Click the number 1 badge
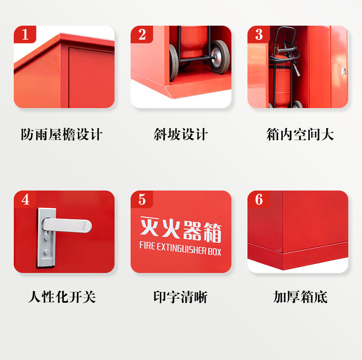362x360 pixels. (x=25, y=34)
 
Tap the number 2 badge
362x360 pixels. (x=142, y=34)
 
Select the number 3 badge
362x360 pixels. (x=258, y=34)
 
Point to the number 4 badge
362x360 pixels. (x=25, y=199)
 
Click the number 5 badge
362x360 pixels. (x=142, y=199)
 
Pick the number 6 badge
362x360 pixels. (x=258, y=199)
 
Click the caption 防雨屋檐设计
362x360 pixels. (x=62, y=134)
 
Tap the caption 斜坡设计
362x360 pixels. (x=181, y=134)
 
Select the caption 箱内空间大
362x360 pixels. (x=300, y=134)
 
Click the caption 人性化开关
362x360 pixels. (x=62, y=297)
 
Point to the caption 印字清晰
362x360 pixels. (x=181, y=297)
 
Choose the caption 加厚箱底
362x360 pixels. (x=300, y=297)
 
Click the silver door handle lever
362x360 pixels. (x=67, y=225)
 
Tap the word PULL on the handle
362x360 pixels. (x=84, y=225)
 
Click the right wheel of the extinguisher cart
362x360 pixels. (x=219, y=57)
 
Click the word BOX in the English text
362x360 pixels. (x=214, y=251)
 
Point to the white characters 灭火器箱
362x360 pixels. (x=181, y=229)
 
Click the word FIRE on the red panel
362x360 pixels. (x=147, y=245)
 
